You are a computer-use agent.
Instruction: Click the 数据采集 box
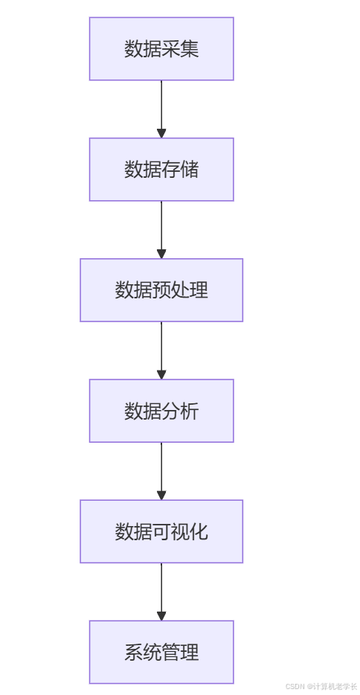(x=161, y=49)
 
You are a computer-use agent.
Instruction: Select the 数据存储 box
(x=161, y=170)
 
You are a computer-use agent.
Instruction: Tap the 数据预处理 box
(x=161, y=290)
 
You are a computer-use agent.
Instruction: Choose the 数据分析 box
(x=161, y=411)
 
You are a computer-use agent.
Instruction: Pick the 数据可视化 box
(x=161, y=531)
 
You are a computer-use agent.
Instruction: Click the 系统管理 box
(x=161, y=652)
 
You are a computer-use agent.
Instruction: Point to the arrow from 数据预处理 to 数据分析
(x=161, y=347)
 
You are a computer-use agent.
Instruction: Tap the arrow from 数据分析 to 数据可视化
(x=161, y=467)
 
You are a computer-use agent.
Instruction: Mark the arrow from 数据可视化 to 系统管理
(x=161, y=588)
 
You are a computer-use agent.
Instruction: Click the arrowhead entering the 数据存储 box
(x=161, y=133)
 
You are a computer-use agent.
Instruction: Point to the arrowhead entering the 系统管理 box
(x=161, y=615)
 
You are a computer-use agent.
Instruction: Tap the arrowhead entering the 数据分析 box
(x=161, y=374)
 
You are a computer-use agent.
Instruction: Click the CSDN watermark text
(x=321, y=686)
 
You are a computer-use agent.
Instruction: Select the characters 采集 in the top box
(x=180, y=49)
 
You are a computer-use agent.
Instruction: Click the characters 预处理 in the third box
(x=180, y=290)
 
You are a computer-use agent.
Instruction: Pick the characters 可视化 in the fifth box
(x=180, y=531)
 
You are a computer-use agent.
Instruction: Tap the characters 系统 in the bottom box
(x=143, y=652)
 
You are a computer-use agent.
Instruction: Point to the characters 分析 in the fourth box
(x=180, y=411)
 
